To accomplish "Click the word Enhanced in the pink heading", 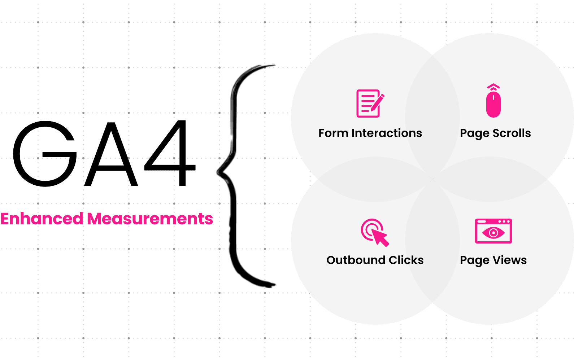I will pos(42,219).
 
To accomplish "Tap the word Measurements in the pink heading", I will pos(150,219).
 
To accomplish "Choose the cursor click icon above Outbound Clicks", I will pos(374,232).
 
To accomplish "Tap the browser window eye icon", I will pos(493,231).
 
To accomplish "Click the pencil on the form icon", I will pos(377,102).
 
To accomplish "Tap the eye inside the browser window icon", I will pos(493,233).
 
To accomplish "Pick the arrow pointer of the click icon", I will pos(381,238).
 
